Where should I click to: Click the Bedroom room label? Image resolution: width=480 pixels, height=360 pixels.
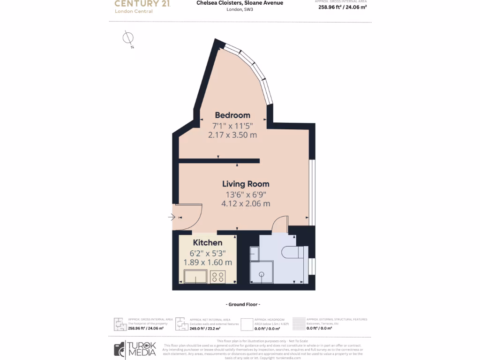coord(232,115)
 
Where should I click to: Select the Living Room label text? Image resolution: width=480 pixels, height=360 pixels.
coord(246,184)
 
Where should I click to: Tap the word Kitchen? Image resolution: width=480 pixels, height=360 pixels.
coord(208,243)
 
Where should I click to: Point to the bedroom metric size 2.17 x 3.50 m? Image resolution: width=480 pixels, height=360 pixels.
coord(232,135)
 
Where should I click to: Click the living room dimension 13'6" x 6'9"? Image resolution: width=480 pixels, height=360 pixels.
coord(246,195)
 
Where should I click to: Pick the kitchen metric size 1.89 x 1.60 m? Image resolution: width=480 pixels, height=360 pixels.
coord(208,262)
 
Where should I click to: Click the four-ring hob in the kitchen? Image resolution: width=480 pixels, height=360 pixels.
coord(217,277)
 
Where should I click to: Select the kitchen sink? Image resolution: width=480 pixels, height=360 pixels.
coord(195,277)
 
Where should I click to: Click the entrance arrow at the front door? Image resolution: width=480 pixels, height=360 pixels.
coord(172,217)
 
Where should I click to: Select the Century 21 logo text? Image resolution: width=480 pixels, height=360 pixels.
coord(142,4)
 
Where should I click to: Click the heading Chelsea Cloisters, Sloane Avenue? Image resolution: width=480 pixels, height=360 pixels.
coord(240,3)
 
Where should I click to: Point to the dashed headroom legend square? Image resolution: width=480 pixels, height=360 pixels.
coord(247,324)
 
